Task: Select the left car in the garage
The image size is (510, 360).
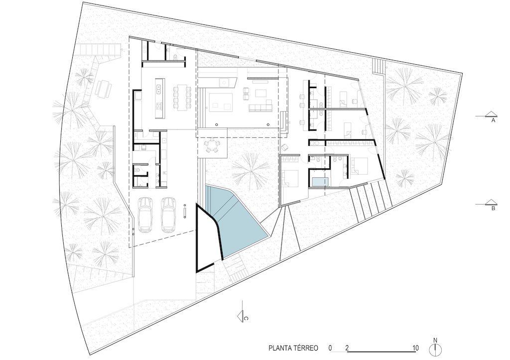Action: click(x=146, y=215)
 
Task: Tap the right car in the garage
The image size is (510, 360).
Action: click(x=168, y=215)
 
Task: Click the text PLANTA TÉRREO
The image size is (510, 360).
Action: click(x=293, y=348)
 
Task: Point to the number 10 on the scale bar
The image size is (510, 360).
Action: click(x=415, y=348)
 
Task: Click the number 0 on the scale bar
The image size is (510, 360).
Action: click(x=330, y=348)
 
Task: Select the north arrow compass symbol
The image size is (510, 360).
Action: click(x=435, y=348)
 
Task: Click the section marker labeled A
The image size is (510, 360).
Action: click(x=490, y=116)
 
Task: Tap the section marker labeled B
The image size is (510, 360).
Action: click(x=490, y=204)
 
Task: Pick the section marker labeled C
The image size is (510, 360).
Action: click(x=243, y=314)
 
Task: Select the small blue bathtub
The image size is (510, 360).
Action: click(x=320, y=182)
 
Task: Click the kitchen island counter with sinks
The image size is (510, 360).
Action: click(x=160, y=98)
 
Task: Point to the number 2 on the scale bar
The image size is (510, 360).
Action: click(x=347, y=348)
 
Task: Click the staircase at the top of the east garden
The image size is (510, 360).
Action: click(x=379, y=66)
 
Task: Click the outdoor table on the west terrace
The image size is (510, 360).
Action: click(x=104, y=88)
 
